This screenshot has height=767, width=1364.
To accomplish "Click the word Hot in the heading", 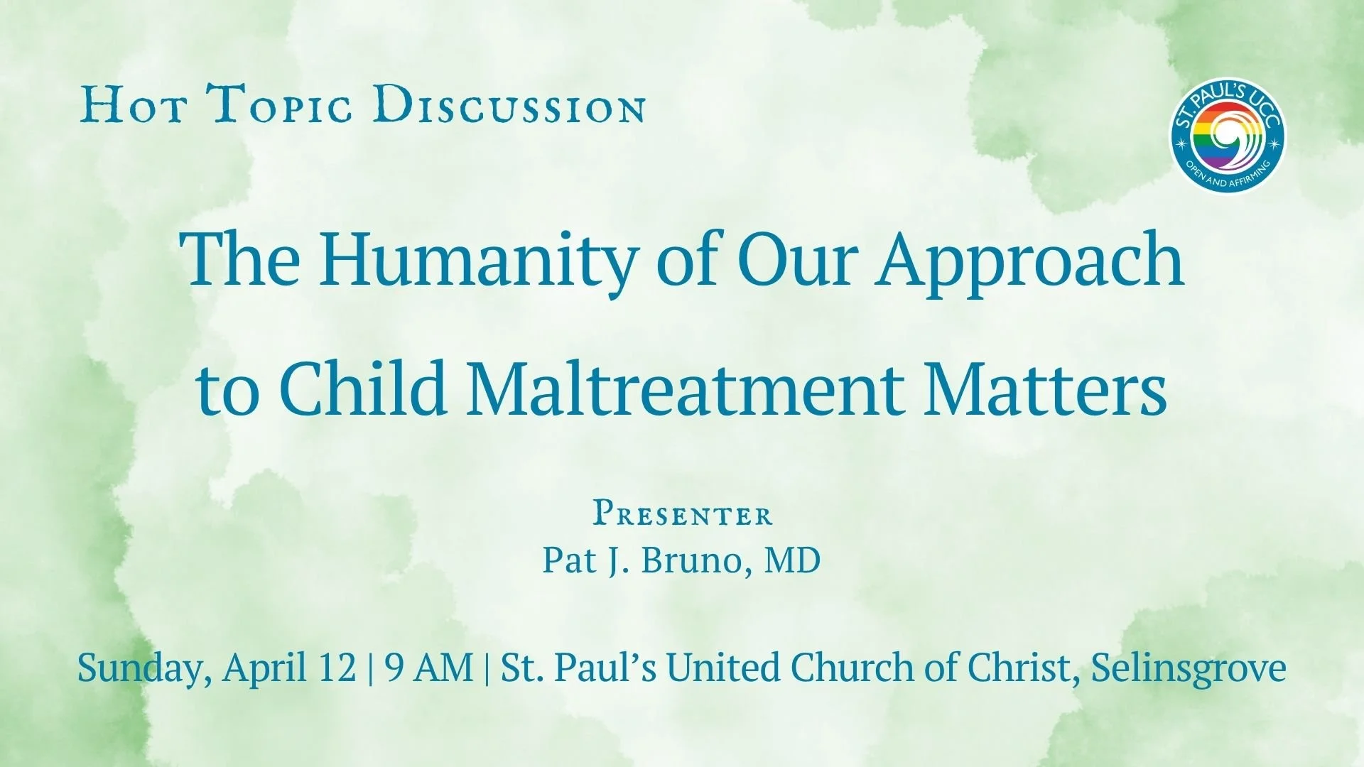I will point(134,105).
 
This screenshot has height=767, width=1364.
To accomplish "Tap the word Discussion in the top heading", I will point(511,105).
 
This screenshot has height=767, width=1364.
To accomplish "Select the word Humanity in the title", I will point(475,260).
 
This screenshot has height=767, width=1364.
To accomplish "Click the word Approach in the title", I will point(1029,260).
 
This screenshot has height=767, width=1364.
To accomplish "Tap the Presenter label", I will point(682,513).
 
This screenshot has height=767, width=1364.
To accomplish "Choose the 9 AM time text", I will point(428,668).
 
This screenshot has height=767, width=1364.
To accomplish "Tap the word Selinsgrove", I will point(1188,668).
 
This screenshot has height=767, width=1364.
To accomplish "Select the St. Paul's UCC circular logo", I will point(1227,136).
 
